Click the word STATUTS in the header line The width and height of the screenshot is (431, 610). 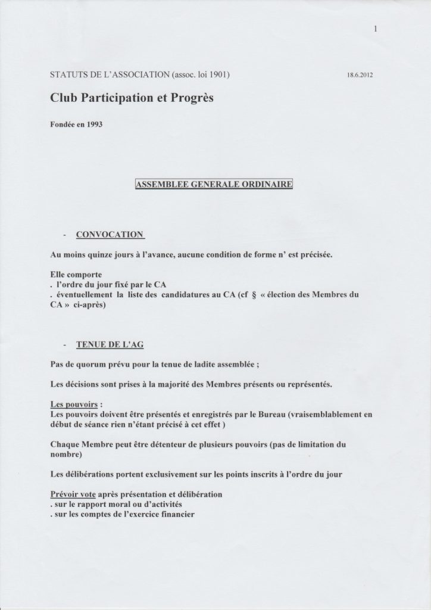(x=71, y=75)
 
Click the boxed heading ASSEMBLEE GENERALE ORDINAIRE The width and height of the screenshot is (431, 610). (x=214, y=185)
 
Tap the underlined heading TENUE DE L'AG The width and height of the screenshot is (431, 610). (x=110, y=345)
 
